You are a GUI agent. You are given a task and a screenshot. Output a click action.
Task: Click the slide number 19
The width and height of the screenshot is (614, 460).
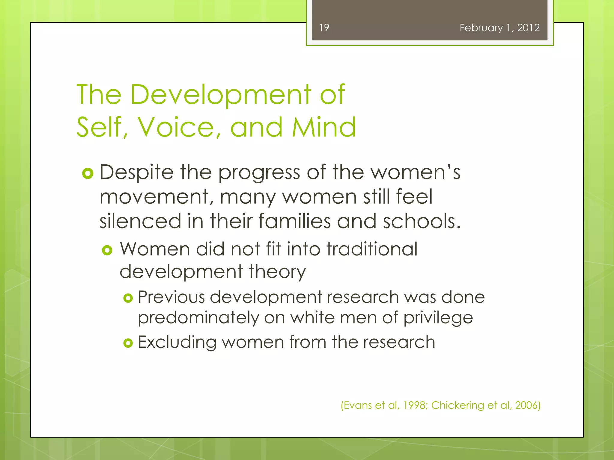[324, 28]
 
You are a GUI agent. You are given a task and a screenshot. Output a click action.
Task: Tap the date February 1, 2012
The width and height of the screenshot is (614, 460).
[499, 28]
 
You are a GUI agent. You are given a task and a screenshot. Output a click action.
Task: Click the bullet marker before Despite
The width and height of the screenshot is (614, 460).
[88, 173]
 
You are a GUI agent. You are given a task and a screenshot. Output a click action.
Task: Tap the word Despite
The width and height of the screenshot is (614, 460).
[136, 173]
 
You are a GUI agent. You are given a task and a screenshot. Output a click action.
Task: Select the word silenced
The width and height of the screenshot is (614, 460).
[140, 221]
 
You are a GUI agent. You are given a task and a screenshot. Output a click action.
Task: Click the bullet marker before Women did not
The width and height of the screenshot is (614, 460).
[107, 250]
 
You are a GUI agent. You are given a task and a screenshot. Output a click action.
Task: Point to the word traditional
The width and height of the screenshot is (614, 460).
[372, 249]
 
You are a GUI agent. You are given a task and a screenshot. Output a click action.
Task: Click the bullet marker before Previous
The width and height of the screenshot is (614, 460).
[128, 298]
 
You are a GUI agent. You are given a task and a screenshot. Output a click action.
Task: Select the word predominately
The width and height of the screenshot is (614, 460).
[198, 318]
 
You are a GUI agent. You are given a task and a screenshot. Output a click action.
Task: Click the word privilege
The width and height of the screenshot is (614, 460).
[438, 318]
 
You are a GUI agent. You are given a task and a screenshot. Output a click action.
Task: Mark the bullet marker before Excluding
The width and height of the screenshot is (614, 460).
[128, 343]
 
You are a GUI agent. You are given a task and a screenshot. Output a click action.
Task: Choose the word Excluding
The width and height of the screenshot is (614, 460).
[177, 343]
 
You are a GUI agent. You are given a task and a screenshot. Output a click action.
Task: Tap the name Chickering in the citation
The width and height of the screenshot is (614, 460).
[458, 405]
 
